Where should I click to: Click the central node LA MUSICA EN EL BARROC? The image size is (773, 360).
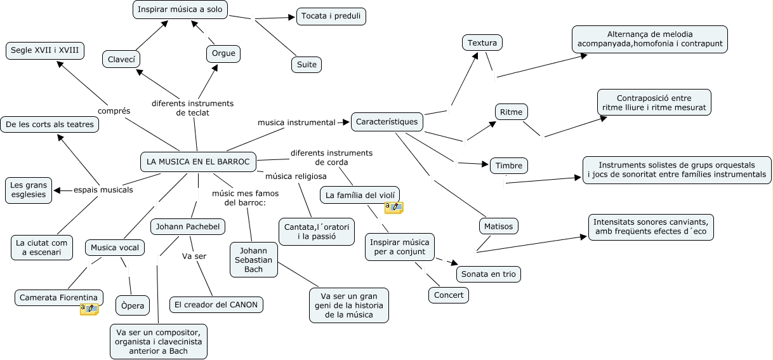coord(198,162)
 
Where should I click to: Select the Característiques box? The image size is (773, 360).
coord(387,121)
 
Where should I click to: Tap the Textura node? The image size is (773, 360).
coord(482,43)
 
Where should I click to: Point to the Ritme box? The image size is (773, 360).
coord(511,112)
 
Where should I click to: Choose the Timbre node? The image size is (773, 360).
coord(509,166)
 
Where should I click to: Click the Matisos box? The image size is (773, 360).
coord(498,225)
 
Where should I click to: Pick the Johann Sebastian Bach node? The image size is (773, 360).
coord(254,260)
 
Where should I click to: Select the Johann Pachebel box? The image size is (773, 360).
coord(188,226)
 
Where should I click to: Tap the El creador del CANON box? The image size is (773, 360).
coord(216,305)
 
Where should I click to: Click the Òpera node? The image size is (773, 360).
coord(133,306)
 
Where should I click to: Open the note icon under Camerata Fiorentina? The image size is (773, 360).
coord(89,309)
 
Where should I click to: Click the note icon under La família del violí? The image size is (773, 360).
coord(393,207)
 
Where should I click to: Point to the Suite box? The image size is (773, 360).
coord(307,64)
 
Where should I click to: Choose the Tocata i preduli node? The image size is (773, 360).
coord(331,17)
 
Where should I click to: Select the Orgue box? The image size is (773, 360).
coord(223,53)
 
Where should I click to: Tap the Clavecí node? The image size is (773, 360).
coord(121,59)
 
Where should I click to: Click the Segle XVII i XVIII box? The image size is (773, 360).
coord(45,51)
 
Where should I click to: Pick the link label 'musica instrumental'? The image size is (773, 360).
coord(296,122)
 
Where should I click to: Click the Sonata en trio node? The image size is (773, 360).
coord(489,274)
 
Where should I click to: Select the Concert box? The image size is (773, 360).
coord(449,295)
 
